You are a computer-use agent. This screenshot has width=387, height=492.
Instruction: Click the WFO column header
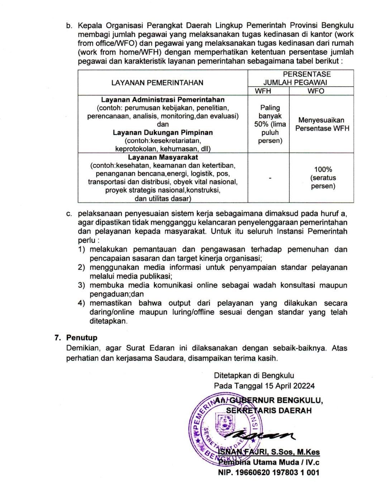point(316,91)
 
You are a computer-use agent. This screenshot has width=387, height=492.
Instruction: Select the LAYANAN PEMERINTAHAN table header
point(157,83)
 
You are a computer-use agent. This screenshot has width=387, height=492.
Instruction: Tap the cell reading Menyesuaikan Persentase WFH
point(322,124)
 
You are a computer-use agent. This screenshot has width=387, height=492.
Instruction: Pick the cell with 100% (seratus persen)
point(323,178)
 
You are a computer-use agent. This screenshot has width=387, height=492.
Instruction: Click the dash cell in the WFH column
point(270,178)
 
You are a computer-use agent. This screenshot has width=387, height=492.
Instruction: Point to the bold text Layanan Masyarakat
point(163,157)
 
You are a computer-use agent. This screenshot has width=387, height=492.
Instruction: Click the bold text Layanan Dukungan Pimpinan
point(163,132)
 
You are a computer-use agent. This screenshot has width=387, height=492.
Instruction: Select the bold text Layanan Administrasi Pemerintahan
point(163,99)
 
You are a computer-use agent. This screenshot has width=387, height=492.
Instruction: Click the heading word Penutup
point(82,338)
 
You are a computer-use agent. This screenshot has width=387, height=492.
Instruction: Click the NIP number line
point(268,473)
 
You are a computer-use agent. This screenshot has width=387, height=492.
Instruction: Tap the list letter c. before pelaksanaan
point(70,214)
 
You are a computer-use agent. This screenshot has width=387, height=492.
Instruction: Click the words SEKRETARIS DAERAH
point(269,410)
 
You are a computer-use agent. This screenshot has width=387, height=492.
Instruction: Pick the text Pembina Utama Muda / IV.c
point(269,462)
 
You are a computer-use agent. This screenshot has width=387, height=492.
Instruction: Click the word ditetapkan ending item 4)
point(108,321)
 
